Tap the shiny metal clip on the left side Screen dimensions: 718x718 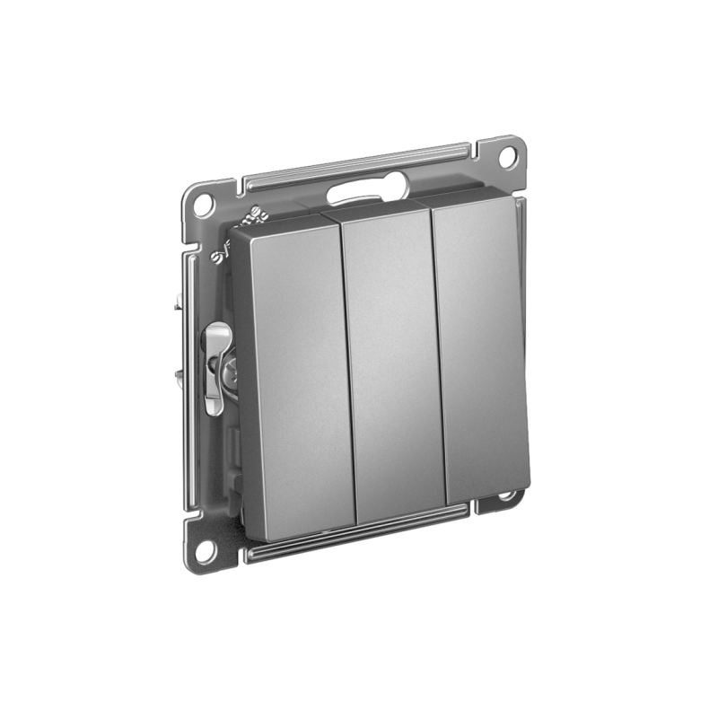214,367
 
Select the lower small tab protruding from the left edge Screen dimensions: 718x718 180,375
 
